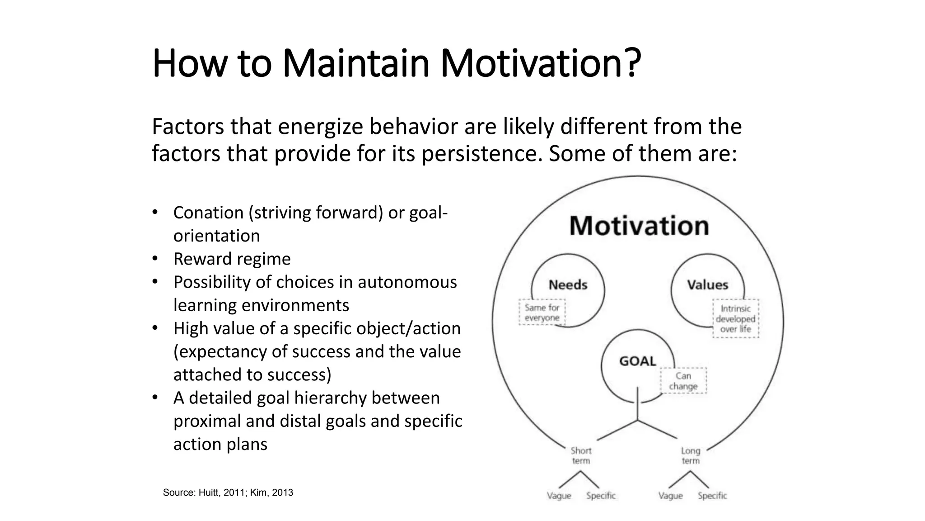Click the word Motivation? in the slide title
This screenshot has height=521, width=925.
tap(540, 63)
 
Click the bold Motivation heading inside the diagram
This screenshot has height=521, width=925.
tap(639, 226)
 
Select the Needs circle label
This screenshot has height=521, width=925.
tap(568, 285)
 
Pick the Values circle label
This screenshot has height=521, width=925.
tap(707, 285)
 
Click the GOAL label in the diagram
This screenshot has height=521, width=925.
tap(637, 361)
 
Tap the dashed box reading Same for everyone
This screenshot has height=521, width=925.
tap(542, 313)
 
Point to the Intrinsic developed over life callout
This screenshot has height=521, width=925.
tap(735, 319)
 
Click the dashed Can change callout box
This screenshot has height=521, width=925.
tap(683, 381)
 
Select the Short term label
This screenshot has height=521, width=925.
tap(581, 455)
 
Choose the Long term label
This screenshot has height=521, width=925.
tap(691, 455)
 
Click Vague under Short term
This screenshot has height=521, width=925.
tap(559, 496)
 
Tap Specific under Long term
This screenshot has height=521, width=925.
tap(712, 496)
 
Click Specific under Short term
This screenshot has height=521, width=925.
tap(601, 496)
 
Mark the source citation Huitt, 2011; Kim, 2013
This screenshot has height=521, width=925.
tap(228, 493)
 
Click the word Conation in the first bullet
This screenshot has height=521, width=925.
tap(208, 213)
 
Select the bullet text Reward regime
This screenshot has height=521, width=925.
tap(232, 259)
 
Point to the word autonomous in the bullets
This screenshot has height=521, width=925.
tap(407, 282)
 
